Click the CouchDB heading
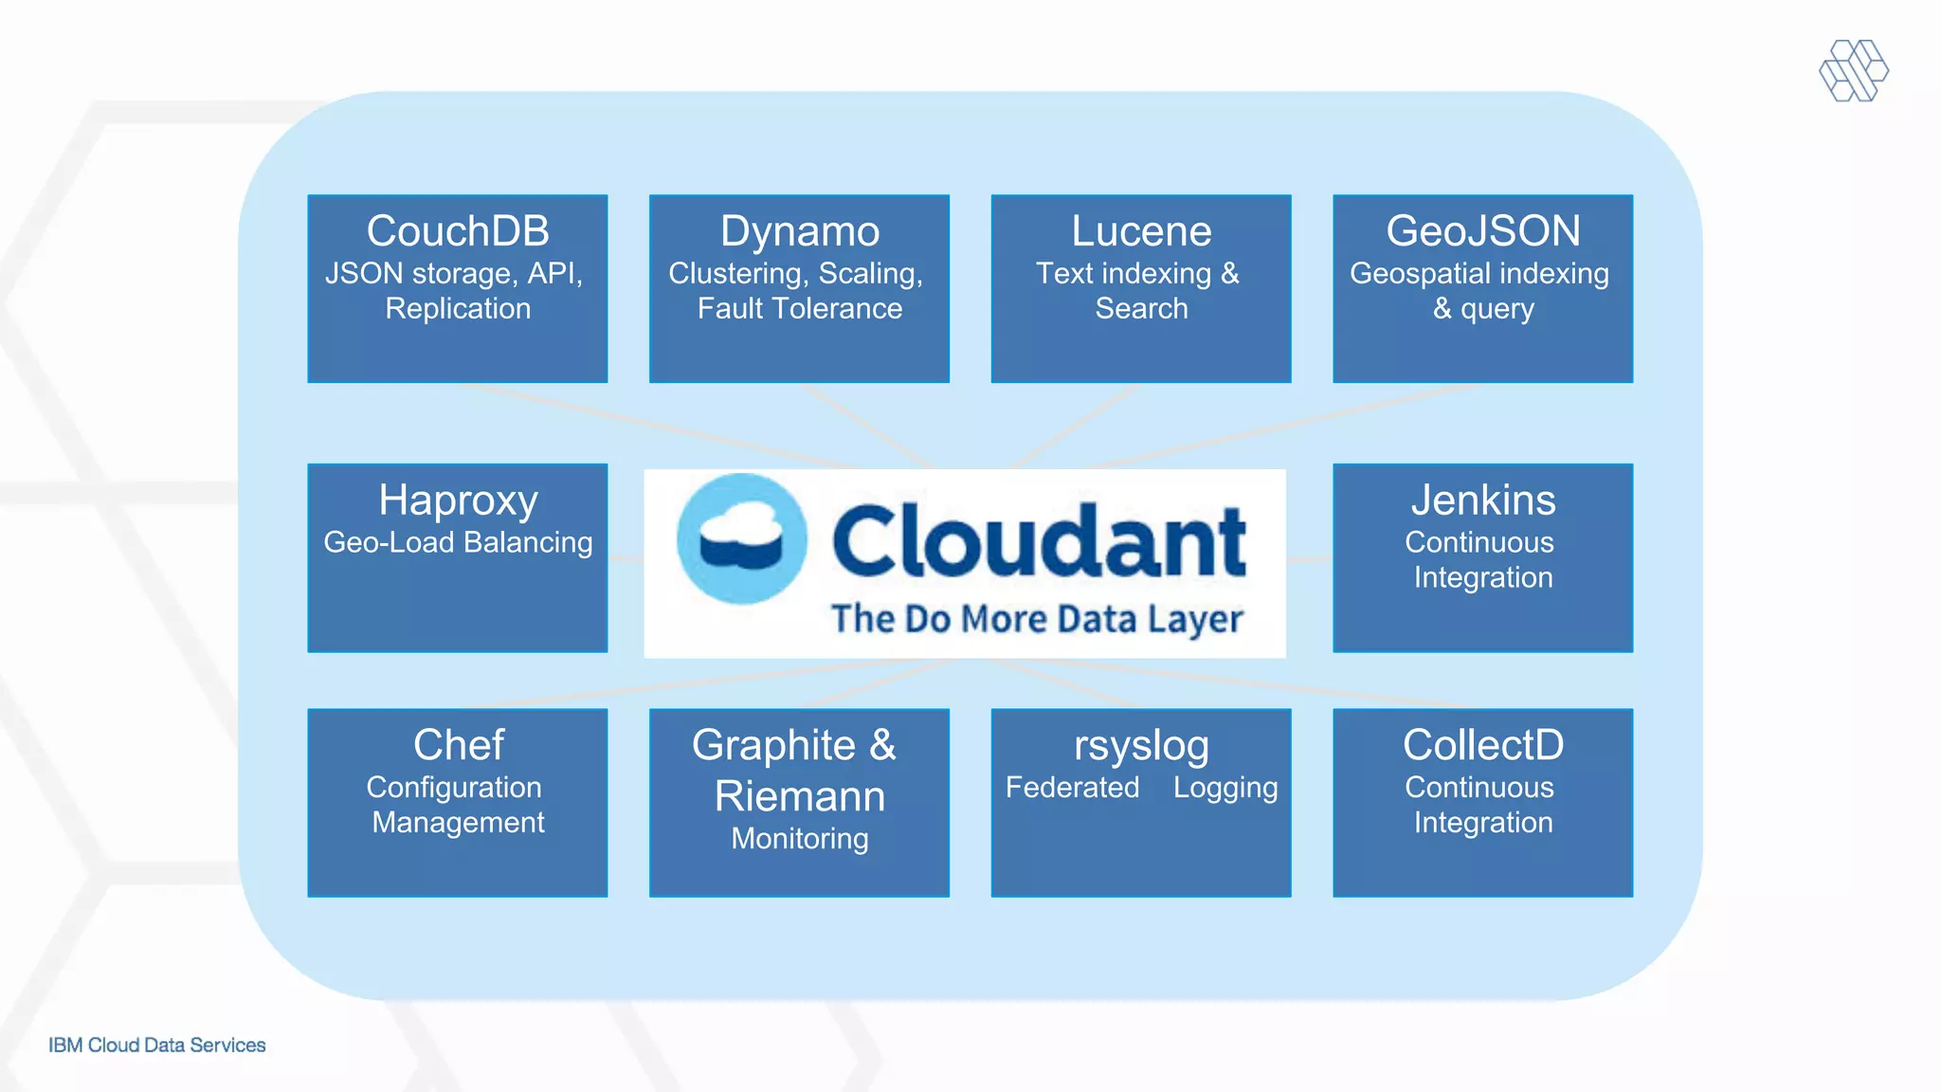[458, 231]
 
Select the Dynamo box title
[799, 231]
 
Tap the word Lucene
[1141, 231]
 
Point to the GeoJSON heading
[1482, 231]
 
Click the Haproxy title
[458, 500]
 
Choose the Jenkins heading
[1482, 500]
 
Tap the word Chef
[458, 745]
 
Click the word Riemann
[799, 796]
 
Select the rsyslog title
[1141, 746]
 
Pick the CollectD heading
[1482, 745]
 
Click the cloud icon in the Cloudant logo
[741, 538]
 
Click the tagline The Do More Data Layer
[1036, 619]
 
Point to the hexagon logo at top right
[1853, 70]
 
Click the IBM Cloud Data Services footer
[156, 1045]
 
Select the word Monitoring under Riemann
[799, 839]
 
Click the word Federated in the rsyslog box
[1072, 788]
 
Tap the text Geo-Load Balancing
[458, 542]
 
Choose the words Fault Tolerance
[799, 309]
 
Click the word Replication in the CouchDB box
[458, 309]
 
